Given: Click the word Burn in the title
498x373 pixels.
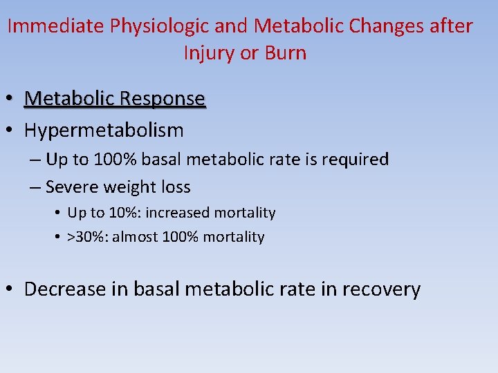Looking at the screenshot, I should coord(284,53).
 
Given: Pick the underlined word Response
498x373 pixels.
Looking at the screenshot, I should coord(163,99).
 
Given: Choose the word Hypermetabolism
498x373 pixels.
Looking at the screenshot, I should coord(104,130).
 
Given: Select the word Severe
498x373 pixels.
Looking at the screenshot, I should coord(73,187).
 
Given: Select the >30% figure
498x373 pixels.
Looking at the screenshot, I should coord(87,237).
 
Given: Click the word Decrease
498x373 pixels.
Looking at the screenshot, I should coord(64,289).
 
